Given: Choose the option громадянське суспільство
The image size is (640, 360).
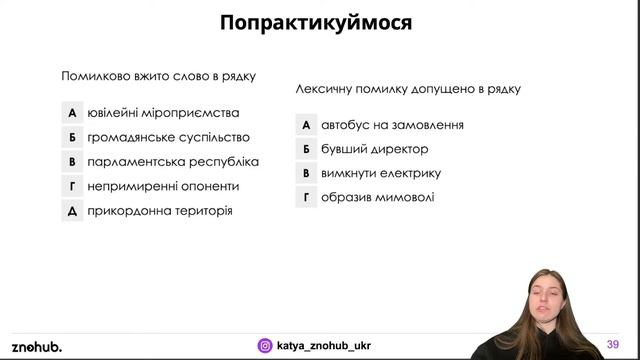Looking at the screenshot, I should [x=168, y=137].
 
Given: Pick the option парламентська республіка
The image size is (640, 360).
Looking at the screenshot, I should [x=173, y=161].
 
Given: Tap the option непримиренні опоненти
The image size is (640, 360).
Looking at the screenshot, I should [x=163, y=186].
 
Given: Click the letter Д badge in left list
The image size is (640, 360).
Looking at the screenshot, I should [x=72, y=211].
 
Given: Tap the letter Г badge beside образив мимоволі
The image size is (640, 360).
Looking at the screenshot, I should [x=307, y=197].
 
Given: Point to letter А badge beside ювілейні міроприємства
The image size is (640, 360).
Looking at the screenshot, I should [x=72, y=113].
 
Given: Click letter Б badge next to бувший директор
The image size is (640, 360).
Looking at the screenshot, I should [x=307, y=149].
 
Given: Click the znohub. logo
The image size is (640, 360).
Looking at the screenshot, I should [x=37, y=346].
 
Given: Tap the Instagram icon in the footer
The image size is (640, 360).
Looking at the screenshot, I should [x=265, y=346].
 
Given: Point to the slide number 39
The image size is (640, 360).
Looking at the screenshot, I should [x=612, y=345].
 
